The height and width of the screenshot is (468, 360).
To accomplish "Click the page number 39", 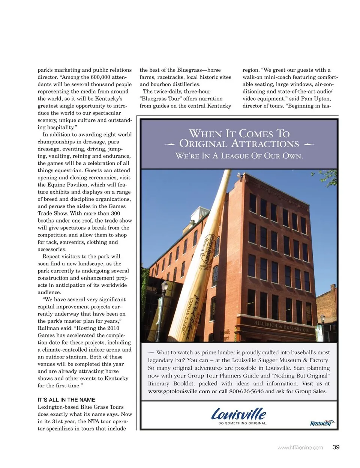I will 336,447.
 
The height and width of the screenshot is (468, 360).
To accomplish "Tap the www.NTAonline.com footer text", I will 300,447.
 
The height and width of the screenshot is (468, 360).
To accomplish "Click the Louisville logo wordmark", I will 239,414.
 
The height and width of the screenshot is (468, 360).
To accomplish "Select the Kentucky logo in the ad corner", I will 322,423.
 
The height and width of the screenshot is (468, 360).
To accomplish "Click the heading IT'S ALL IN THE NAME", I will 66,400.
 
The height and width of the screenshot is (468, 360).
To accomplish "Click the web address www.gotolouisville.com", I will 179,391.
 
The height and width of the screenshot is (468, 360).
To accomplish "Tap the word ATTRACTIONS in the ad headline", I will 265,144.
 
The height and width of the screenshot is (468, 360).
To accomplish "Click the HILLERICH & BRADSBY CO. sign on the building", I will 281,327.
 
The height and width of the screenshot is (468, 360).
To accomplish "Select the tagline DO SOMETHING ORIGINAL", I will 243,423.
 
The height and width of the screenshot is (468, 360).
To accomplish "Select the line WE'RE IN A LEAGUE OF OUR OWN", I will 239,156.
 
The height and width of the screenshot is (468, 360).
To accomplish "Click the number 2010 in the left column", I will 113,328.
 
